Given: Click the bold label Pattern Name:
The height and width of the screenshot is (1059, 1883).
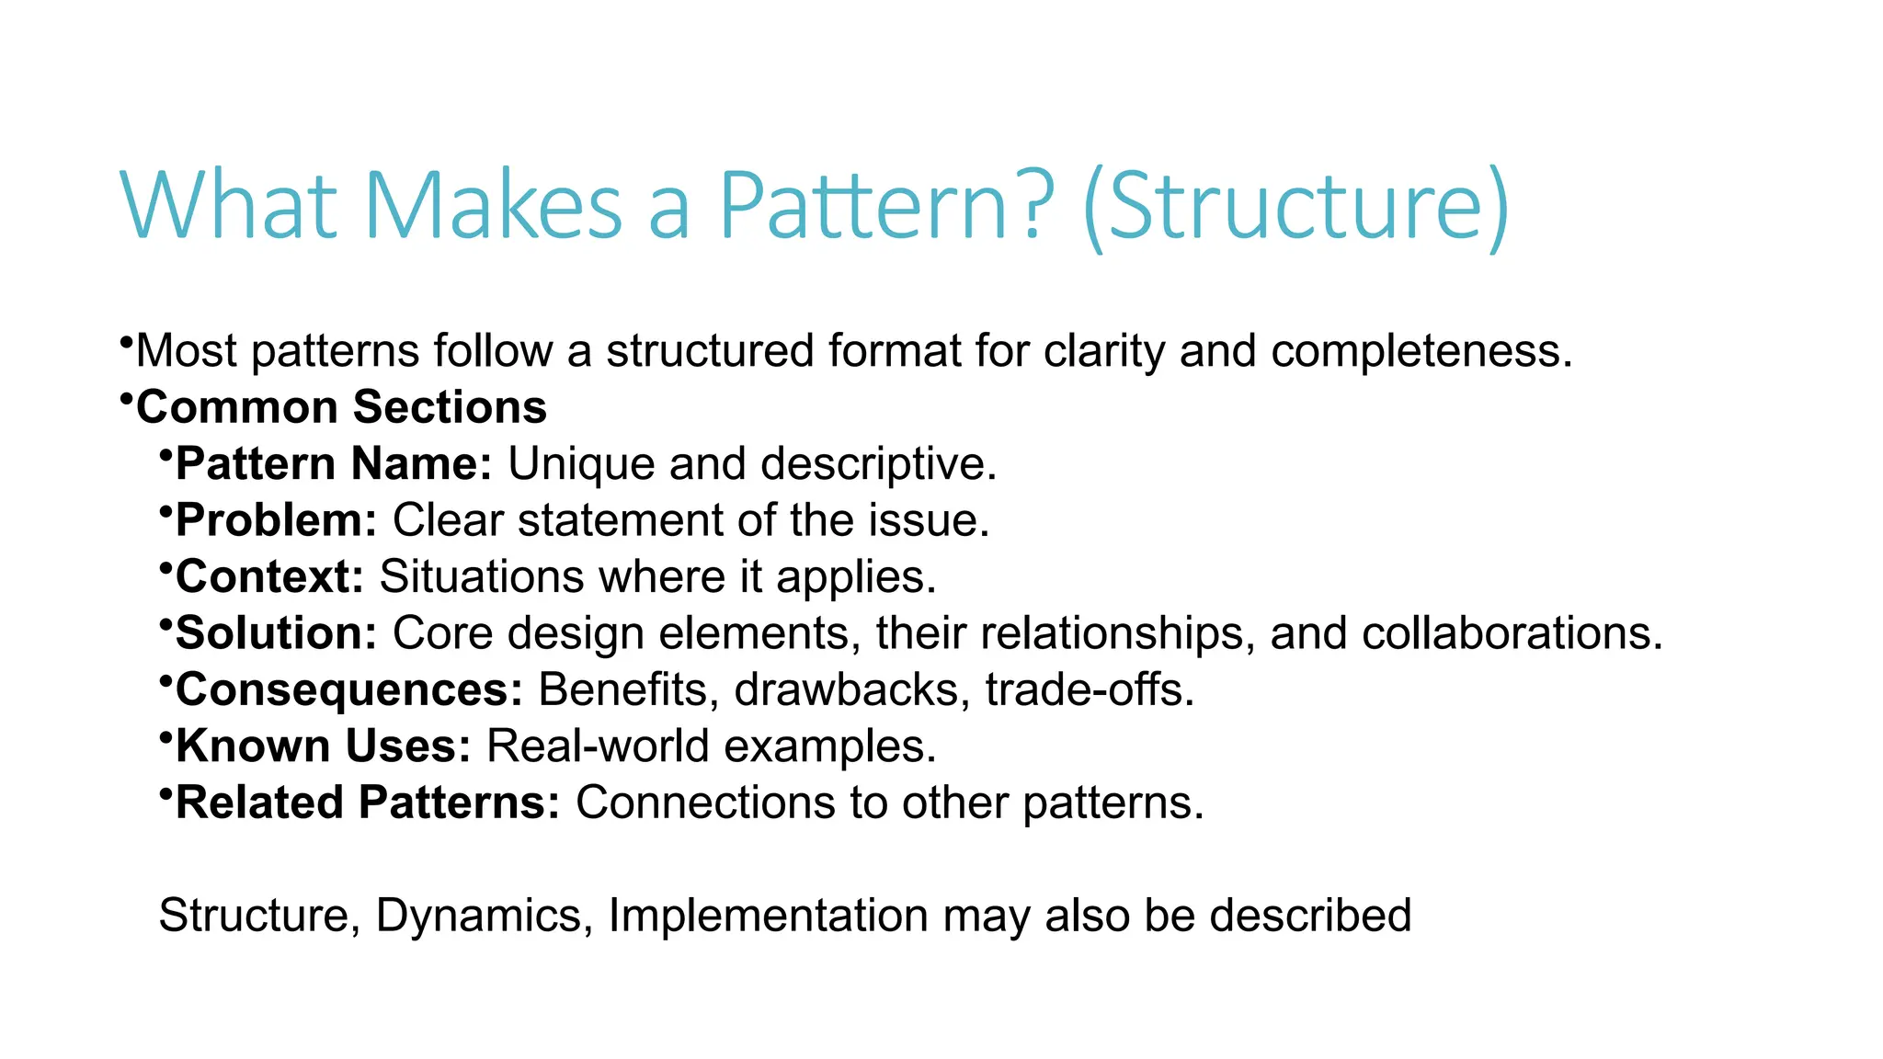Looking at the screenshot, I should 334,463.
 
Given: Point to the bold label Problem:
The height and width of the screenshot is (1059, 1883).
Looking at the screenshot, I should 276,520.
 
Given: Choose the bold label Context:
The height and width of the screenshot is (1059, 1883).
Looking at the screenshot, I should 269,576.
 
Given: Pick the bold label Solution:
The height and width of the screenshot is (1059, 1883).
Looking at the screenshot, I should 276,633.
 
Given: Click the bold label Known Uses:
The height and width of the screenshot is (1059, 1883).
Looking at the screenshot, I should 323,746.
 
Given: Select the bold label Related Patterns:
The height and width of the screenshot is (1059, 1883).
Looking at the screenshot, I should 367,803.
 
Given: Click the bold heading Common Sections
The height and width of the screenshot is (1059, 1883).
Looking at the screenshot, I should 341,407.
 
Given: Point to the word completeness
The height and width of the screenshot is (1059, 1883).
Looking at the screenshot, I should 1421,351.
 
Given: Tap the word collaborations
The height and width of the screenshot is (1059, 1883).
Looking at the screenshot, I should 1512,633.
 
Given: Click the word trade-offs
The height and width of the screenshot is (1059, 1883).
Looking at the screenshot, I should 1089,689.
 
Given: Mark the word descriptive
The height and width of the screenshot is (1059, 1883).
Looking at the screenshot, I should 878,464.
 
